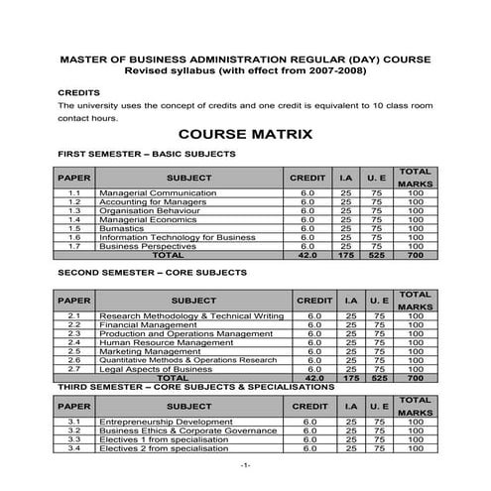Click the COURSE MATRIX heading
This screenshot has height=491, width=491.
pos(245,134)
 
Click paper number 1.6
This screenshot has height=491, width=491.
pos(74,237)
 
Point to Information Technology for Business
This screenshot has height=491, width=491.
pos(178,237)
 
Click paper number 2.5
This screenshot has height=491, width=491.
pos(74,351)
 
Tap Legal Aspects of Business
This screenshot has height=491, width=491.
pos(156,368)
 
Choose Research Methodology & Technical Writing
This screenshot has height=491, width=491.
pos(191,315)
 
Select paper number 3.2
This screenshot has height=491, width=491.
pos(74,431)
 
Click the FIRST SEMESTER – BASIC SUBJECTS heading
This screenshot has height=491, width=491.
pos(147,155)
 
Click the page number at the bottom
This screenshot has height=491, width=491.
pos(245,466)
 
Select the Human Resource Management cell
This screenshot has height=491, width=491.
pos(164,342)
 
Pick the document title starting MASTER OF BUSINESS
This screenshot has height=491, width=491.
pos(245,60)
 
